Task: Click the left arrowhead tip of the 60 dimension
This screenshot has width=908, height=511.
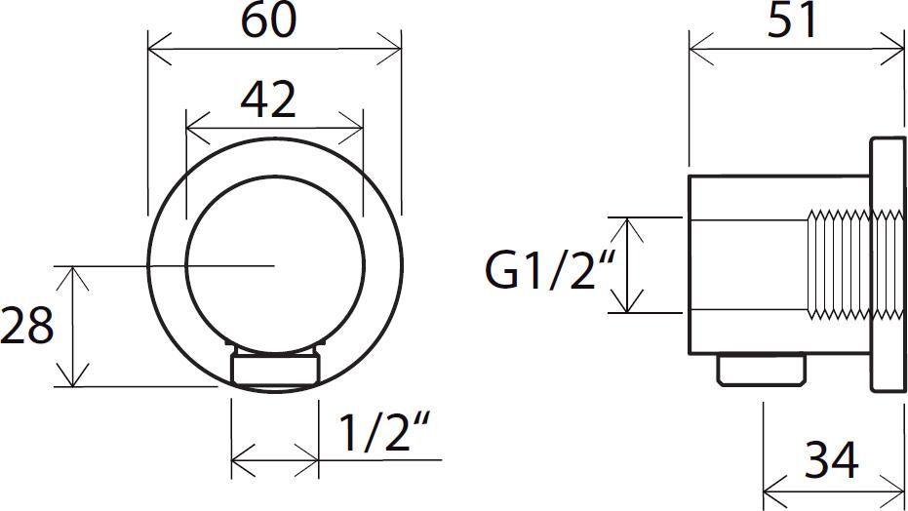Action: click(148, 49)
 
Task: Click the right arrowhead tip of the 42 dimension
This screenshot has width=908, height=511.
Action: click(363, 128)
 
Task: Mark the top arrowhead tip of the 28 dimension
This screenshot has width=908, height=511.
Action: click(72, 266)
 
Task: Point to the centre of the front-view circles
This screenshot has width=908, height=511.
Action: click(274, 265)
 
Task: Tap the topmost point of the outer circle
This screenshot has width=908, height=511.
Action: click(274, 138)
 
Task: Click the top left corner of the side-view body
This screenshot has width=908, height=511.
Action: click(690, 176)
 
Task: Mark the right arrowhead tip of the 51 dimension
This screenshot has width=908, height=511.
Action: click(904, 49)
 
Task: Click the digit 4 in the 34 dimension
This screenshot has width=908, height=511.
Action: click(843, 459)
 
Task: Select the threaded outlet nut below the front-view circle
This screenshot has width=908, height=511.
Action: click(275, 367)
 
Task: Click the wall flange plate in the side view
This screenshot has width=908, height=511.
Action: click(888, 265)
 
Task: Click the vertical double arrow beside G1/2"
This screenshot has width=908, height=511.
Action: click(627, 265)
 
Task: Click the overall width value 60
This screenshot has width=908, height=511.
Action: click(268, 20)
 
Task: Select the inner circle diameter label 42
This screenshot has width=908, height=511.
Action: click(268, 99)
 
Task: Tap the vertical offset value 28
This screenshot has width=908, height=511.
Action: click(26, 326)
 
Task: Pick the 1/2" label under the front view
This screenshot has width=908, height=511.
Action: click(383, 432)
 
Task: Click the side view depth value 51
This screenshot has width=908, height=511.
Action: click(792, 20)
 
